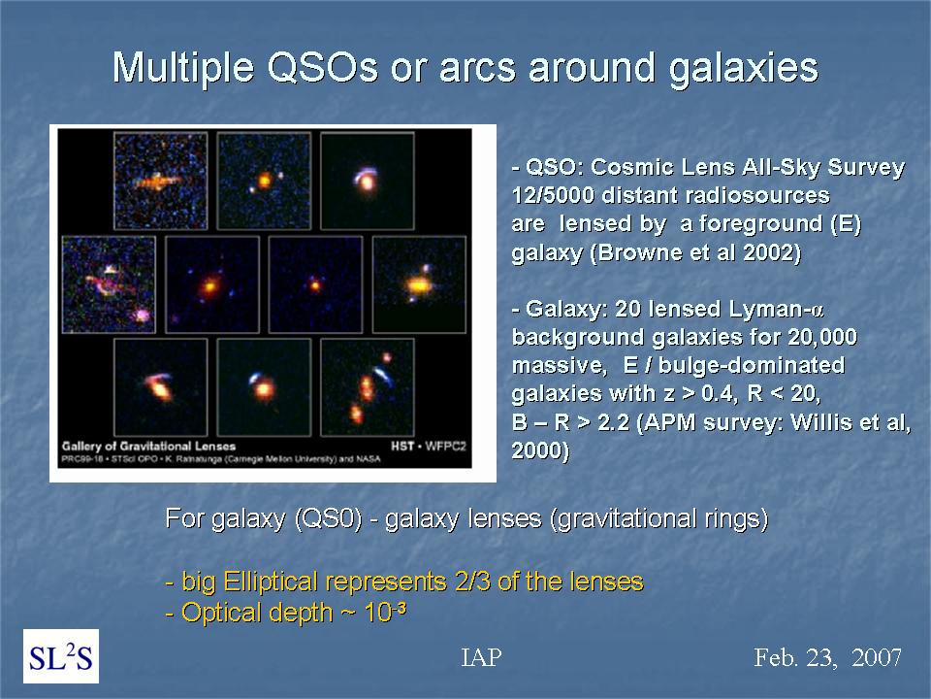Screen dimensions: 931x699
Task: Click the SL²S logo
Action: click(61, 656)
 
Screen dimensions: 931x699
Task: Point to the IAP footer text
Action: click(482, 657)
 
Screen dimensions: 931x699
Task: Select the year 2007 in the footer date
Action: click(877, 657)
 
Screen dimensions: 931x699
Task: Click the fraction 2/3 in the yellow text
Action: click(472, 582)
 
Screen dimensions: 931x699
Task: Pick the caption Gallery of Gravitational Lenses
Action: click(148, 447)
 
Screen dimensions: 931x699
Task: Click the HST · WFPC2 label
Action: click(428, 446)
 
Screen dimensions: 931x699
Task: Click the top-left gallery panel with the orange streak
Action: click(160, 181)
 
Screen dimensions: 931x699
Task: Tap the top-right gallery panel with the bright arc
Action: click(367, 181)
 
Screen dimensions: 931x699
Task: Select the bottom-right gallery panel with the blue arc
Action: click(367, 387)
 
